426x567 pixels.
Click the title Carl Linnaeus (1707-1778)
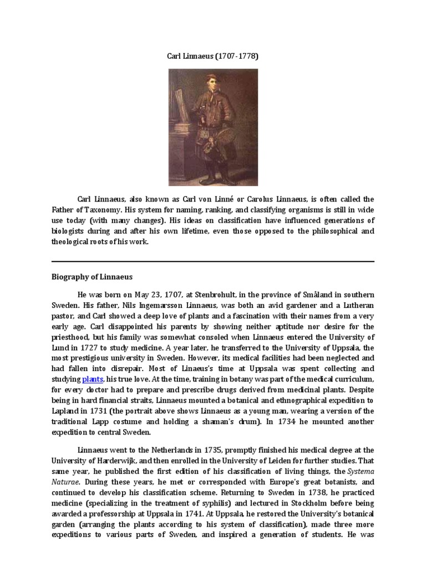point(213,56)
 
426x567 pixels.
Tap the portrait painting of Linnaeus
point(213,127)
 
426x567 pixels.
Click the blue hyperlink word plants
point(93,379)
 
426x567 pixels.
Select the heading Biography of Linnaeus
point(92,277)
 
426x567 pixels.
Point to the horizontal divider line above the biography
point(213,261)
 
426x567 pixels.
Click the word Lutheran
point(355,305)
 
